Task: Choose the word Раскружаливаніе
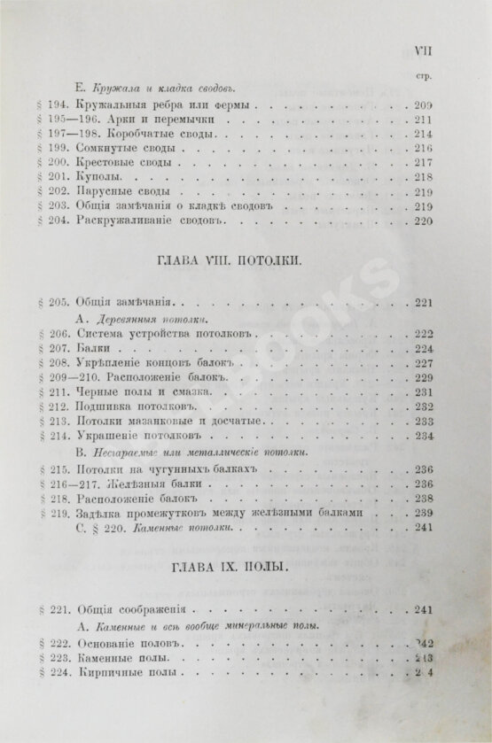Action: pyautogui.click(x=115, y=220)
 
